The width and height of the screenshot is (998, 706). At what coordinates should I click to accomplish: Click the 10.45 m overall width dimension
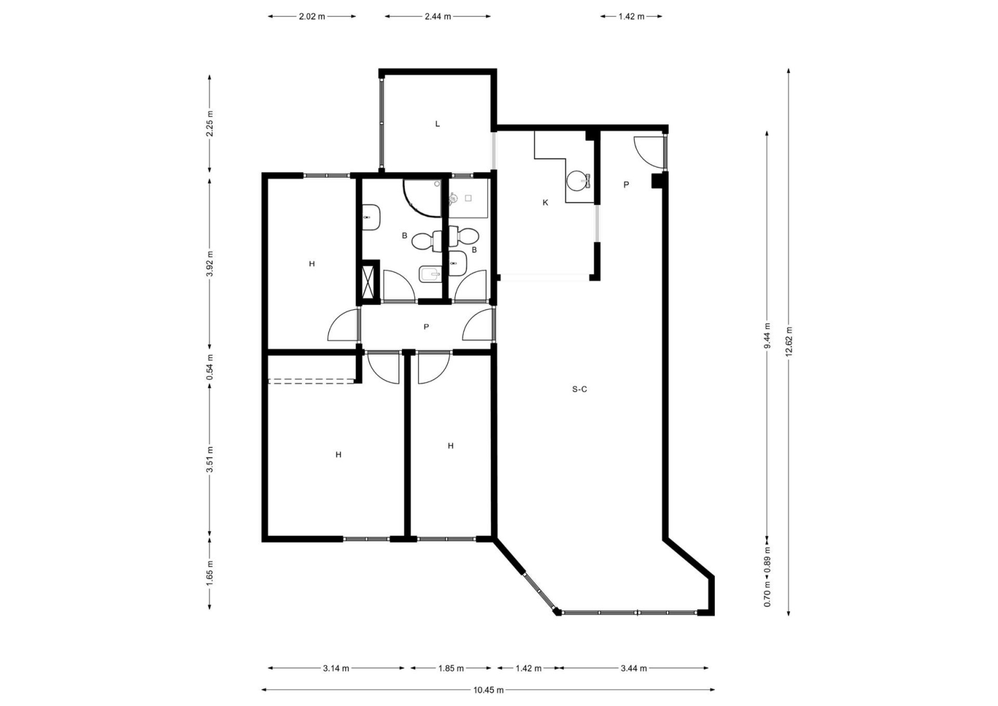[x=488, y=690]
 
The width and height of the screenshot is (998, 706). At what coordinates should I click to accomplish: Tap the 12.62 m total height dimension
[x=789, y=342]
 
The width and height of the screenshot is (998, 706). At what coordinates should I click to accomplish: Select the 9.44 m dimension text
[x=767, y=336]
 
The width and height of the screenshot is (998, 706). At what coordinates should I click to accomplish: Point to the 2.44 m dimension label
[x=438, y=17]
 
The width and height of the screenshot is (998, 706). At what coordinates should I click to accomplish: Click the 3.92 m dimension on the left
[x=209, y=264]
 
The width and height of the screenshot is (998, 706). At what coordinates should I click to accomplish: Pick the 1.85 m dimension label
[x=451, y=668]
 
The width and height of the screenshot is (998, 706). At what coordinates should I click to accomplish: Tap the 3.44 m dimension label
[x=634, y=668]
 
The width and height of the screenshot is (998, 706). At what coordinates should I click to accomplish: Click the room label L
[x=438, y=124]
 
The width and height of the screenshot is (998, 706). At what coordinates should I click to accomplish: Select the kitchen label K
[x=545, y=203]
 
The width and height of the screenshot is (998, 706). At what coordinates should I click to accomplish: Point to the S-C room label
[x=579, y=389]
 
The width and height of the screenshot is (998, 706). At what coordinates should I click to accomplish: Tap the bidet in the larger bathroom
[x=430, y=274]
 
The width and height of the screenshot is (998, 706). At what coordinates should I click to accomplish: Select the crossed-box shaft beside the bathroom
[x=368, y=281]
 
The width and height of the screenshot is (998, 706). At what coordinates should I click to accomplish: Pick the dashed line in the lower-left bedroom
[x=311, y=381]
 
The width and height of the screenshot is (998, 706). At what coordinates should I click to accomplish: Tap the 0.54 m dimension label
[x=209, y=367]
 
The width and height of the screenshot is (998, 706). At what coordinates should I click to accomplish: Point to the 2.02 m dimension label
[x=312, y=17]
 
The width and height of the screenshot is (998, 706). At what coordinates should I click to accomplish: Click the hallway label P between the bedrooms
[x=426, y=327]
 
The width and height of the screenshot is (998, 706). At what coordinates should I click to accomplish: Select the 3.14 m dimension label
[x=336, y=668]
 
